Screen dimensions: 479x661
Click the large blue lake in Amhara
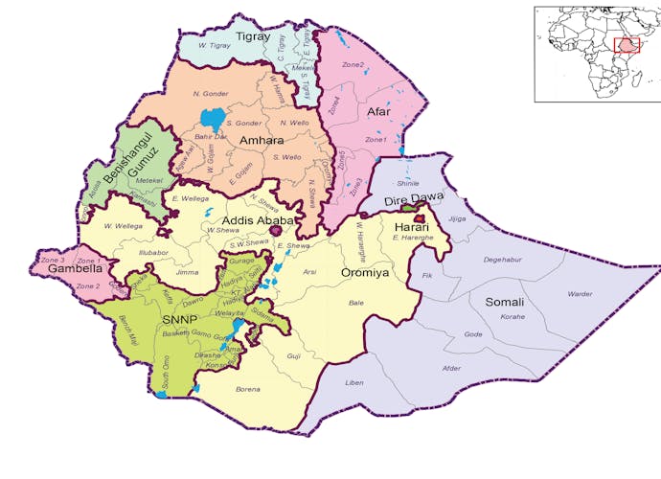(212, 121)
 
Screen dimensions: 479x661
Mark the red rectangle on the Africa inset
(627, 45)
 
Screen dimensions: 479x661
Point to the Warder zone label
(580, 294)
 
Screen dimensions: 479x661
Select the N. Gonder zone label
(211, 93)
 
